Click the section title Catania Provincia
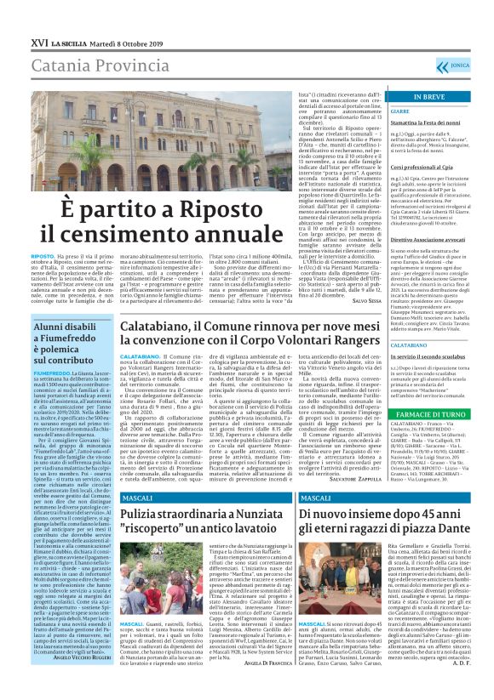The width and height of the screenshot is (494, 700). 83,42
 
